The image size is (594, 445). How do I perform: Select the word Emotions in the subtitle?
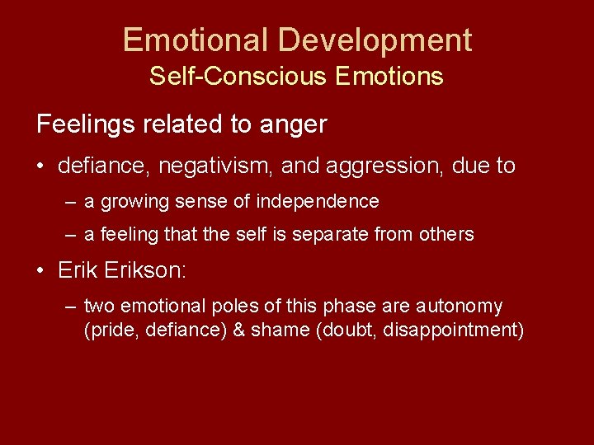(x=389, y=77)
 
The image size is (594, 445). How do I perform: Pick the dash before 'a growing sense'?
(x=72, y=202)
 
